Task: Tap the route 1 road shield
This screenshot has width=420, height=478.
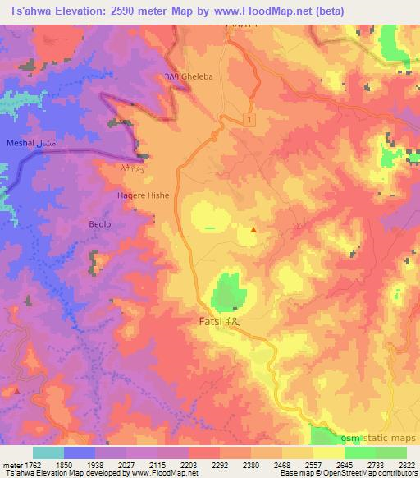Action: (249, 120)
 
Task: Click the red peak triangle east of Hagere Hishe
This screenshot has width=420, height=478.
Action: (253, 230)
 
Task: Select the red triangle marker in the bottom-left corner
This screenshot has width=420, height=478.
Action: (16, 391)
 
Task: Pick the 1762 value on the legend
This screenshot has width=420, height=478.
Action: (32, 465)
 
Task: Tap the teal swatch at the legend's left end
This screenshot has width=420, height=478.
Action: (48, 453)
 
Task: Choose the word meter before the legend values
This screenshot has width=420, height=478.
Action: (11, 465)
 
